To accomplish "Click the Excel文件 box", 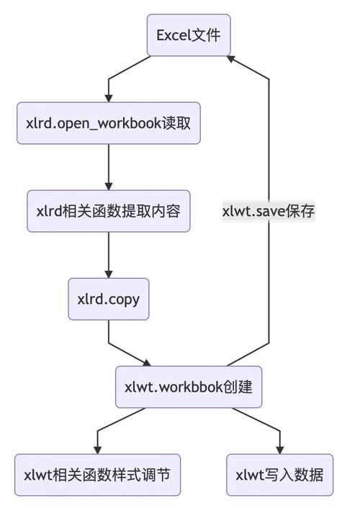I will point(189,35).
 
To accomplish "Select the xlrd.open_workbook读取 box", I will point(108,122).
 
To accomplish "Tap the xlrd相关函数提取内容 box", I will point(108,211).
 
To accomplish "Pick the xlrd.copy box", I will point(108,299).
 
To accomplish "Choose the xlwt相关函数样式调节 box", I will point(97,475).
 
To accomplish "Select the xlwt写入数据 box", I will point(280,475).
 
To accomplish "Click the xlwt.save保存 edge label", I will point(269,212).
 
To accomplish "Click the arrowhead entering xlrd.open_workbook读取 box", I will point(108,96).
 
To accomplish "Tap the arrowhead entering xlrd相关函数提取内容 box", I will point(108,185).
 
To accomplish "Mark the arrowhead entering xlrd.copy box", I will point(108,273).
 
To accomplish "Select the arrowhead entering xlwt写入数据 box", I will point(280,449).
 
